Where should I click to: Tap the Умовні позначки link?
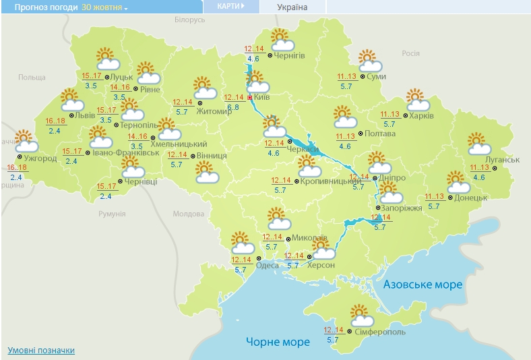pyautogui.click(x=41, y=351)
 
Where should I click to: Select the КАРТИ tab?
pyautogui.click(x=230, y=6)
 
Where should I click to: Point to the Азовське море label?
pyautogui.click(x=423, y=284)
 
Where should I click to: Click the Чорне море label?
pyautogui.click(x=278, y=342)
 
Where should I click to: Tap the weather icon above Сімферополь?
pyautogui.click(x=361, y=315)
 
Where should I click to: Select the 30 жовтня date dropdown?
pyautogui.click(x=104, y=7)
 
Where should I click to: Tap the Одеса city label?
pyautogui.click(x=268, y=266)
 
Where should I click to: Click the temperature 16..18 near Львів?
pyautogui.click(x=55, y=121)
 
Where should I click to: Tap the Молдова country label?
pyautogui.click(x=188, y=214)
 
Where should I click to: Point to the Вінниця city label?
pyautogui.click(x=212, y=156)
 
